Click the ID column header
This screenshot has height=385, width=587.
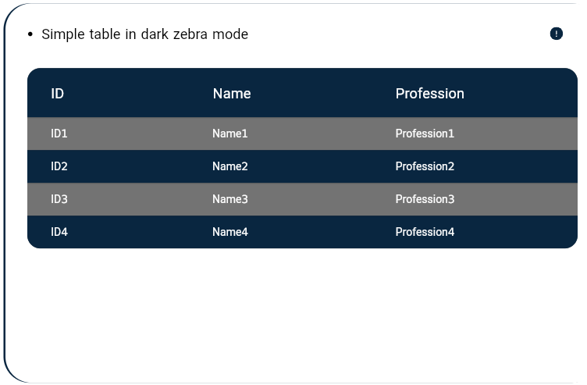tap(57, 94)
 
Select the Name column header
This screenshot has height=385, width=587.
tap(232, 94)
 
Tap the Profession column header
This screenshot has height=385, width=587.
tap(430, 94)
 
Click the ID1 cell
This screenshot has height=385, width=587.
tap(59, 134)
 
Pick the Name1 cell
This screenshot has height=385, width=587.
tap(229, 134)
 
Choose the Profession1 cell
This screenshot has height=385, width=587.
tap(425, 134)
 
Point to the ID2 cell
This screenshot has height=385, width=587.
tap(59, 166)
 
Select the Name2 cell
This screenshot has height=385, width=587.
tap(229, 166)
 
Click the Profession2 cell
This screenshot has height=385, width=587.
tap(425, 166)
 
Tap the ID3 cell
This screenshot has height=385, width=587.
tap(59, 199)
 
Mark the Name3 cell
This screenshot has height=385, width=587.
tap(229, 199)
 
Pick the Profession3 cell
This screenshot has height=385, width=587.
tap(425, 199)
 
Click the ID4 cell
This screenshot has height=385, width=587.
tap(59, 232)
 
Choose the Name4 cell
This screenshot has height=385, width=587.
tap(229, 232)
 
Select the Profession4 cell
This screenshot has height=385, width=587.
tap(425, 232)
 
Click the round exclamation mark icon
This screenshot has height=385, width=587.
tap(557, 34)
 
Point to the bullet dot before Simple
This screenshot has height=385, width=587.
tap(30, 34)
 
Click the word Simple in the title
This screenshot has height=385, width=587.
tap(63, 34)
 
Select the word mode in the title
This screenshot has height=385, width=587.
tap(230, 34)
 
